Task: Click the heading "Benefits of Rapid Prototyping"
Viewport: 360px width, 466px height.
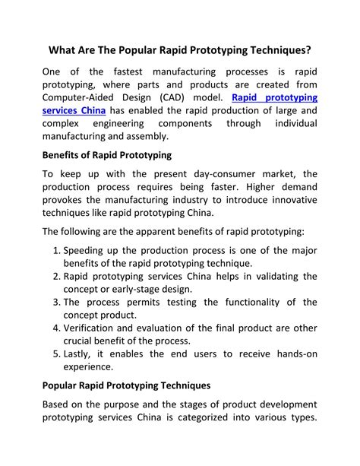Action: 106,156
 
